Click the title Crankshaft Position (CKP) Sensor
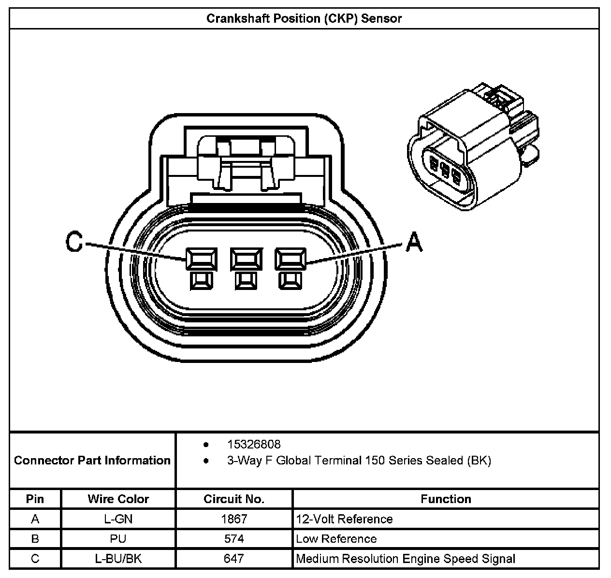(x=304, y=18)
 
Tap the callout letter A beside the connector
(x=414, y=242)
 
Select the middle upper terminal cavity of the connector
(x=247, y=259)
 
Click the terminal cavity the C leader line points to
(x=202, y=259)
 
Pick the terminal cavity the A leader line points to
(x=291, y=259)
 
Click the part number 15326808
(x=254, y=444)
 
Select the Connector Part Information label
(x=92, y=460)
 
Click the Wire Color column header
(x=118, y=499)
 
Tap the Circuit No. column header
(x=234, y=499)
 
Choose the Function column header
(x=446, y=499)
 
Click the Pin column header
(x=35, y=499)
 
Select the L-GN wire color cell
(x=118, y=519)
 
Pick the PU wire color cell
(x=118, y=539)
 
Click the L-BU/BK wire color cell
(x=118, y=559)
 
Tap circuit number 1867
(x=234, y=519)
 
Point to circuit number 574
(x=234, y=539)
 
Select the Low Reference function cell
(x=336, y=539)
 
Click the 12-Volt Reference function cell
(x=345, y=519)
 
